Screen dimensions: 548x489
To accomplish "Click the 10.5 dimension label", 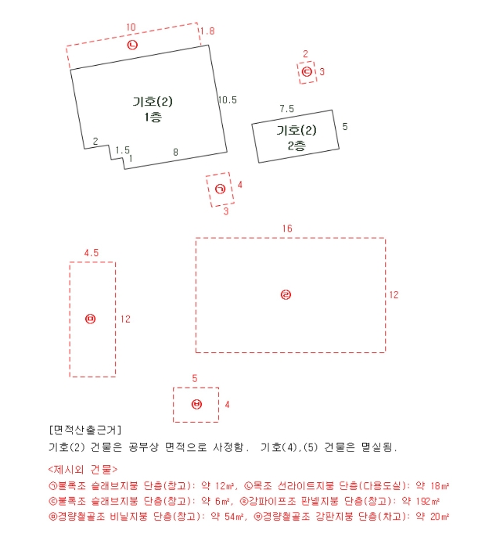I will pyautogui.click(x=227, y=99).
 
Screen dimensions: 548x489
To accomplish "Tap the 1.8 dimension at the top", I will pyautogui.click(x=207, y=31).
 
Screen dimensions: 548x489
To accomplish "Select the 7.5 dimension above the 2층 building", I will pyautogui.click(x=286, y=109).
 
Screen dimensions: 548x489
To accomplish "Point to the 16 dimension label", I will pyautogui.click(x=287, y=228).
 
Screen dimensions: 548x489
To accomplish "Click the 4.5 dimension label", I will pyautogui.click(x=91, y=253).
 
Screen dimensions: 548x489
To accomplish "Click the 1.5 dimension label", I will pyautogui.click(x=122, y=150).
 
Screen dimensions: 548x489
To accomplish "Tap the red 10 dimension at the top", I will pyautogui.click(x=131, y=27).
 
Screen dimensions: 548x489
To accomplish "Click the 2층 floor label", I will pyautogui.click(x=297, y=145).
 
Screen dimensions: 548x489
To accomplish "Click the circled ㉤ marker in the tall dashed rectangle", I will pyautogui.click(x=91, y=319).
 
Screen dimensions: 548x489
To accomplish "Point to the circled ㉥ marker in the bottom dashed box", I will pyautogui.click(x=196, y=404).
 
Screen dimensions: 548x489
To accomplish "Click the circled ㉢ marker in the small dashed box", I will pyautogui.click(x=307, y=72).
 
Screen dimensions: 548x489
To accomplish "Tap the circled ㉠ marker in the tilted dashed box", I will pyautogui.click(x=220, y=189).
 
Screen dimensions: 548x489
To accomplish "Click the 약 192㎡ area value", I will pyautogui.click(x=424, y=501).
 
